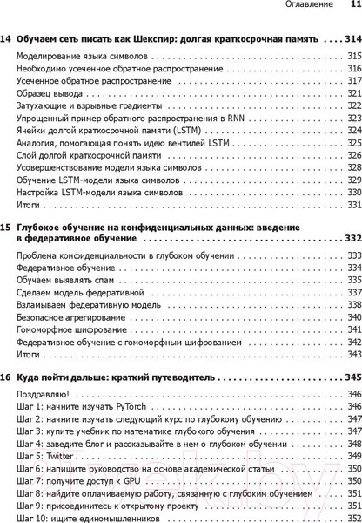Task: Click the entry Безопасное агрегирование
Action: point(66,319)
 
